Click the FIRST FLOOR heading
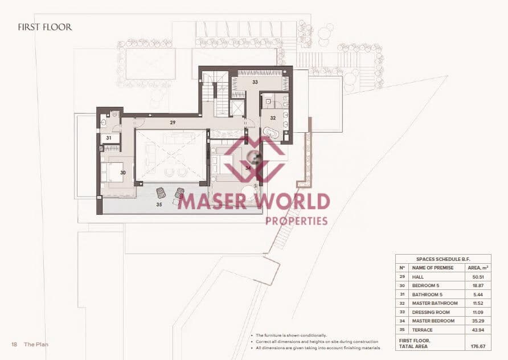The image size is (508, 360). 45,27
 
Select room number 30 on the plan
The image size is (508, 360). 122,173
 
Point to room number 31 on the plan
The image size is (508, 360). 109,138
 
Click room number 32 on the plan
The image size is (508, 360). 273,118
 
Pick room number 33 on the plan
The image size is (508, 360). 255,82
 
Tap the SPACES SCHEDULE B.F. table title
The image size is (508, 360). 443,259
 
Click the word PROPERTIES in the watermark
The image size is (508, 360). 296,220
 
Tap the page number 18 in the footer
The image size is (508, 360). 14,345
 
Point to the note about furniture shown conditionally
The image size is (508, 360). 291,336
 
